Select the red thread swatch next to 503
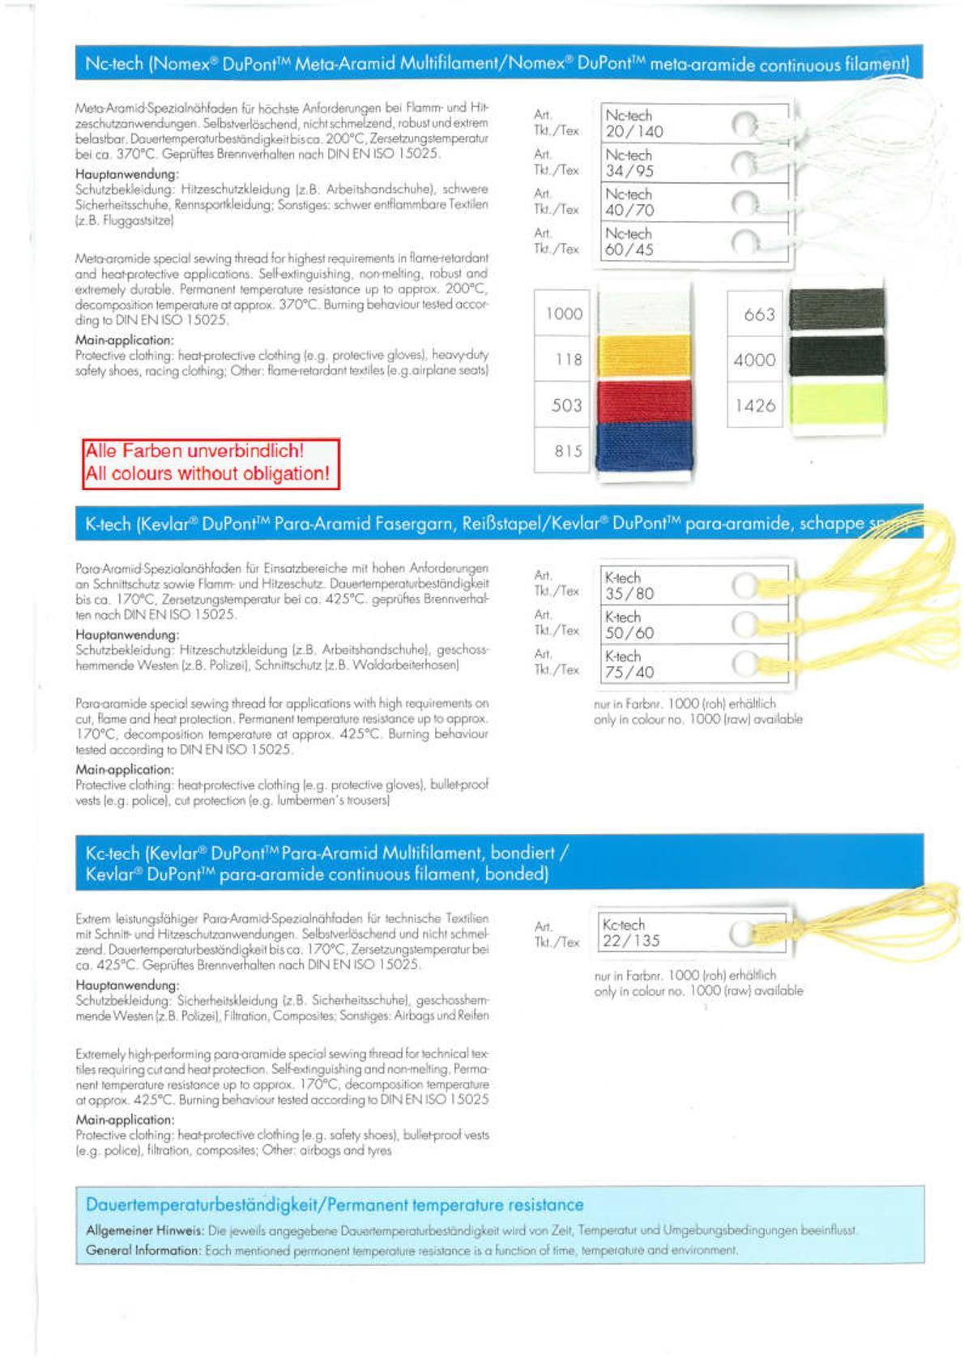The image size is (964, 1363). point(643,402)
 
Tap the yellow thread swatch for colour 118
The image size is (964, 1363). point(643,357)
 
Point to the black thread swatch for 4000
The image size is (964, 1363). point(836,357)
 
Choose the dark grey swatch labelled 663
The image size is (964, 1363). point(836,310)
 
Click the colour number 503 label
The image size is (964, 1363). point(566,404)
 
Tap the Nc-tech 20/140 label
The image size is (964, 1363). point(633,124)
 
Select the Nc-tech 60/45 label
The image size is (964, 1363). point(629,241)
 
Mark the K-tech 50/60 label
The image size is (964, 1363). point(629,625)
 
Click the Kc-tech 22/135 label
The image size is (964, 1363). point(631,933)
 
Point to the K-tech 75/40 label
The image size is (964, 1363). point(629,664)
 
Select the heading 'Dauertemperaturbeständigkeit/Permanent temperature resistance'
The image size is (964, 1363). point(334,1205)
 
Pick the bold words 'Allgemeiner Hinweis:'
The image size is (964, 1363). point(144,1230)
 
